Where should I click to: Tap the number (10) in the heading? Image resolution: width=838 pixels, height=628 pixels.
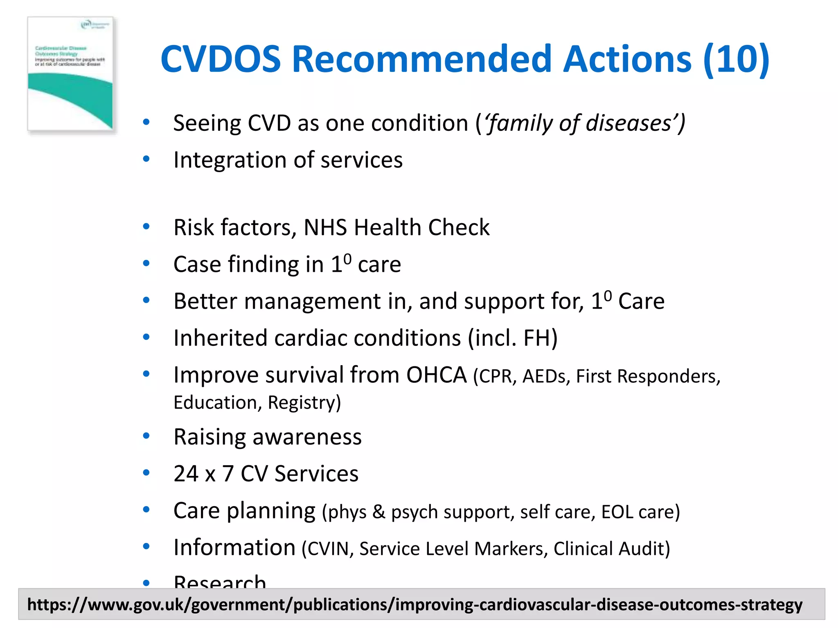click(736, 59)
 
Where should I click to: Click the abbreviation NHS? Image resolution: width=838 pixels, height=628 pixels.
click(325, 227)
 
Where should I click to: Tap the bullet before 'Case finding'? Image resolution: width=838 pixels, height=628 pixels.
click(146, 264)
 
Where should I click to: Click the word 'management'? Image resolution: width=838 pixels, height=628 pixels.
click(313, 301)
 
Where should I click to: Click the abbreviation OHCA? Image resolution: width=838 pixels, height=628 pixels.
click(436, 375)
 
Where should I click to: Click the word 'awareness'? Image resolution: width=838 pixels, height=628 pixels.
click(307, 437)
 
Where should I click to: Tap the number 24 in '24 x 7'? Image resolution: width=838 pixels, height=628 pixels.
click(186, 474)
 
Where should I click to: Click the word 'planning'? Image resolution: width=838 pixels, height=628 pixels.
click(271, 511)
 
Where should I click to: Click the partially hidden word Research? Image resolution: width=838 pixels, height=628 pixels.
click(220, 581)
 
